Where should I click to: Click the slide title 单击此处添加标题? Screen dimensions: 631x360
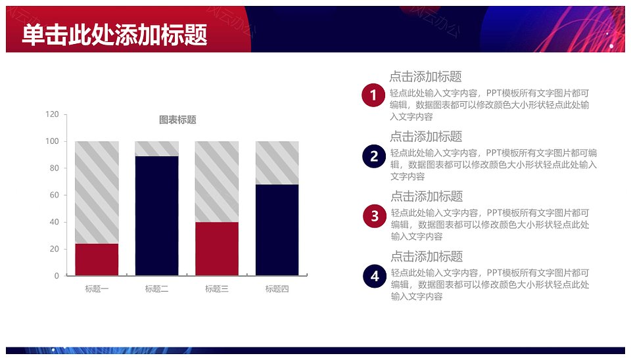114,35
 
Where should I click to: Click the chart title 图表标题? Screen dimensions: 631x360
177,120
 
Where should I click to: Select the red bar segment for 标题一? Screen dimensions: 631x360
97,259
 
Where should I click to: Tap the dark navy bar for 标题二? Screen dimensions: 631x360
156,215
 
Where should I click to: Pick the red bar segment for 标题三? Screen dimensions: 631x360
216,248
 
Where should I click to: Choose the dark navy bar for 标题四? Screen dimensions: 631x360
277,230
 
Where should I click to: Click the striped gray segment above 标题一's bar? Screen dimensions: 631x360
97,192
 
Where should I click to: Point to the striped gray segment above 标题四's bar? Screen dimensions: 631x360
277,163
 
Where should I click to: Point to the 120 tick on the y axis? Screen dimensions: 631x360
52,114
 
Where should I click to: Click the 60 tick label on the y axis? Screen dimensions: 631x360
55,195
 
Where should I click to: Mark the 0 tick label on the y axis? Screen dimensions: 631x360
57,276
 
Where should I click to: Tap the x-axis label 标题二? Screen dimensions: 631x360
156,289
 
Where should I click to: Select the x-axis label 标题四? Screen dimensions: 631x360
277,289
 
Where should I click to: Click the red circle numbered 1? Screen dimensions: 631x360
373,95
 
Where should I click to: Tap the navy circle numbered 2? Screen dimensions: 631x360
374,156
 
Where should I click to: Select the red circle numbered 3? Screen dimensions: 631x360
375,216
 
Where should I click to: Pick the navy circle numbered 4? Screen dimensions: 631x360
375,277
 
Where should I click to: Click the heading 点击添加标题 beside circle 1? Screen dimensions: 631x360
425,76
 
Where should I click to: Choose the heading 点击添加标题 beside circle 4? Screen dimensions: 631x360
427,256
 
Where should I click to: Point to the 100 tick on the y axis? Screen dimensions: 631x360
52,141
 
